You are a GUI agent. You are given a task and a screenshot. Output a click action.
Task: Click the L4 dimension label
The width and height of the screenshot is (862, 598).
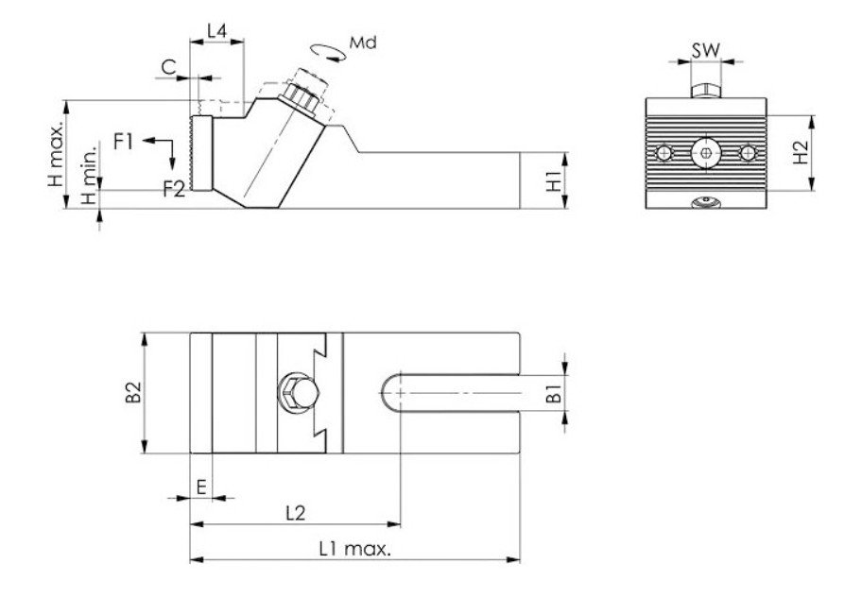click(x=216, y=31)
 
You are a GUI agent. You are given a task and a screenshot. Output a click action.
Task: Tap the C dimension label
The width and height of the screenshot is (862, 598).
click(x=167, y=66)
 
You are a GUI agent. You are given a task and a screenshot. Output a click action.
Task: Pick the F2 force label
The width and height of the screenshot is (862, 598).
click(x=173, y=188)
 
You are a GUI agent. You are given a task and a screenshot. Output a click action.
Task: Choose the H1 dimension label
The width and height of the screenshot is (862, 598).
click(x=555, y=180)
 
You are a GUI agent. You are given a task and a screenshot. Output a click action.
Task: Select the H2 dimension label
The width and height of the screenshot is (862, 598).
click(x=801, y=153)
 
